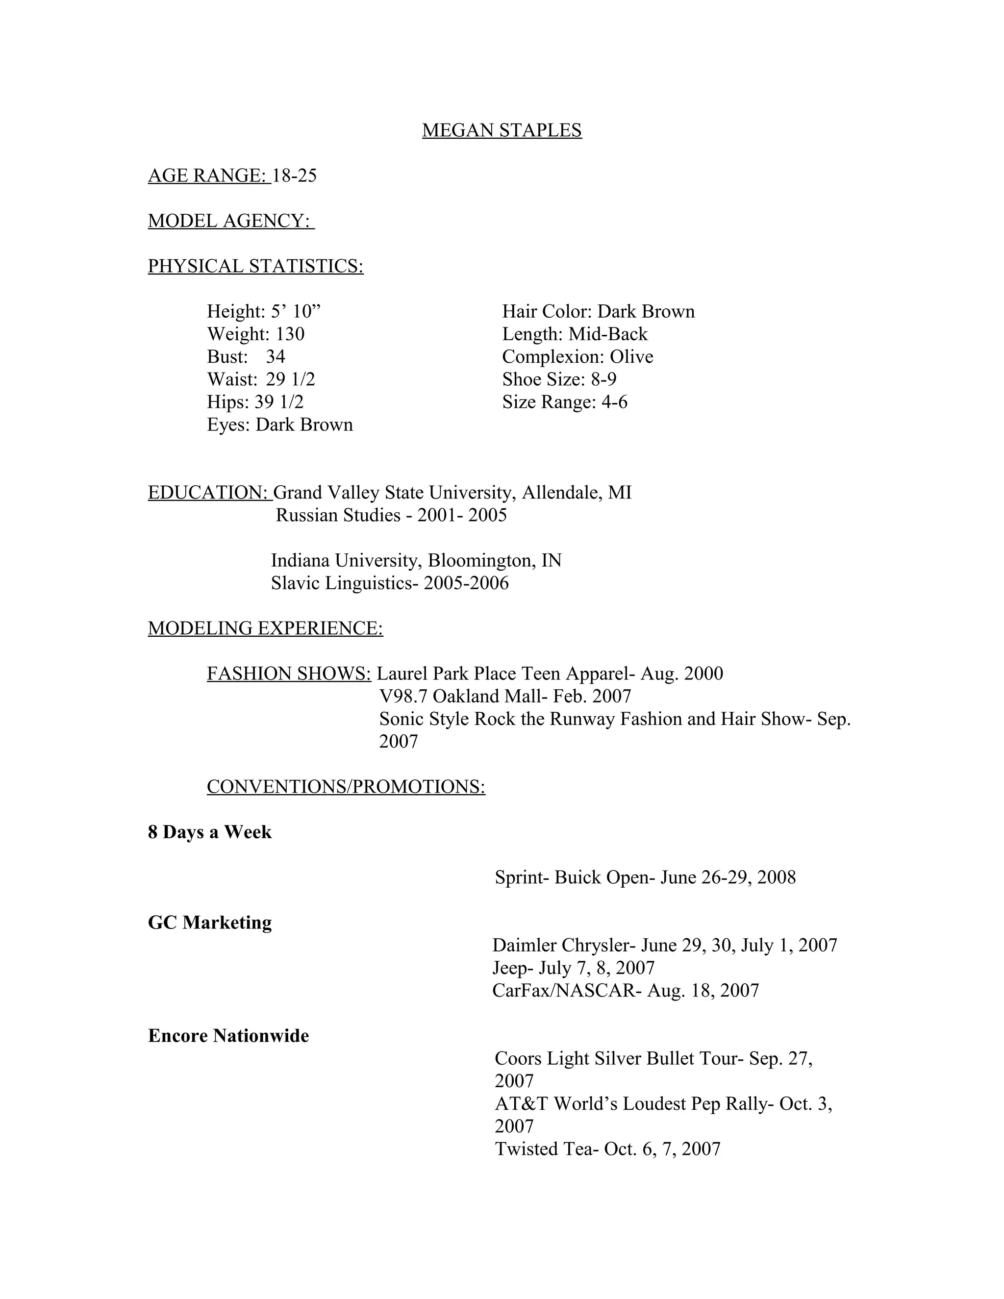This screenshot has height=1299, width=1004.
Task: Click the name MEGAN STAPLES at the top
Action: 502,130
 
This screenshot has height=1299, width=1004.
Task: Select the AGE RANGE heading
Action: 208,175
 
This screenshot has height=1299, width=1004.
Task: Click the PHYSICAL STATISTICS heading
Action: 255,266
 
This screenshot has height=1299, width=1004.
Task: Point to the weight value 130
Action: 290,334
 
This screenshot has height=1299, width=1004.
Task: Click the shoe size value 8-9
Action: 603,379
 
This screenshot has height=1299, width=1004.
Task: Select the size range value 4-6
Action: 614,402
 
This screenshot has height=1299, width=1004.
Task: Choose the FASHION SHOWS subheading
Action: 288,674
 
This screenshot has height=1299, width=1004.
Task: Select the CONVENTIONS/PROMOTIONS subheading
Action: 346,786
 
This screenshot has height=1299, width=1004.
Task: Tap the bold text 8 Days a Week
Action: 209,832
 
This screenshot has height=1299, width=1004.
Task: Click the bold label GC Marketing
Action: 209,923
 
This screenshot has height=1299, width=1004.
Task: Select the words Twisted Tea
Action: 544,1149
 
